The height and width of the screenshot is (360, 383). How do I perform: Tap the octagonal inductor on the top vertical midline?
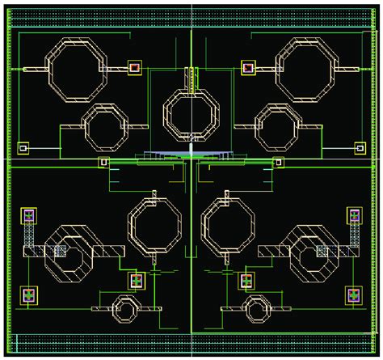click(x=191, y=115)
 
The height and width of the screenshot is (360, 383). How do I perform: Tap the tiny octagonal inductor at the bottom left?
click(x=125, y=308)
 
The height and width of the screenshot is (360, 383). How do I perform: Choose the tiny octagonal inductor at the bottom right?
click(x=257, y=308)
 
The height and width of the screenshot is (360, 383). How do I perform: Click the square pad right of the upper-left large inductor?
click(x=134, y=68)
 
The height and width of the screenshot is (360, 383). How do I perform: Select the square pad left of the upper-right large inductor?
click(x=248, y=68)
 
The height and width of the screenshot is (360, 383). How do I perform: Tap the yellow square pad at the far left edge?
click(x=23, y=148)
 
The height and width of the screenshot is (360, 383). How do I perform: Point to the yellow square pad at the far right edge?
click(x=360, y=148)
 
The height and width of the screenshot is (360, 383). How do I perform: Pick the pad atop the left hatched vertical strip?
click(x=29, y=215)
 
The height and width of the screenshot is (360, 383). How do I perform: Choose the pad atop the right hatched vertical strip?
click(x=354, y=215)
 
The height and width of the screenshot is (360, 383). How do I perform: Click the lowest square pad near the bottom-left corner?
click(x=29, y=294)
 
